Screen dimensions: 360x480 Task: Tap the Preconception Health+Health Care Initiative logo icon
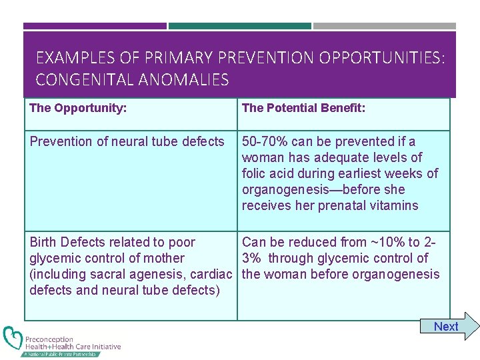[13, 339]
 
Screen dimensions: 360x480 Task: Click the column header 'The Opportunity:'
[78, 107]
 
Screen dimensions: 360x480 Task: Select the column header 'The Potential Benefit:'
[303, 107]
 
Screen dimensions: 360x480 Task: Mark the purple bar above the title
[95, 26]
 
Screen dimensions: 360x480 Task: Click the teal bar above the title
[240, 26]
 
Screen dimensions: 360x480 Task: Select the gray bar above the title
[385, 26]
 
